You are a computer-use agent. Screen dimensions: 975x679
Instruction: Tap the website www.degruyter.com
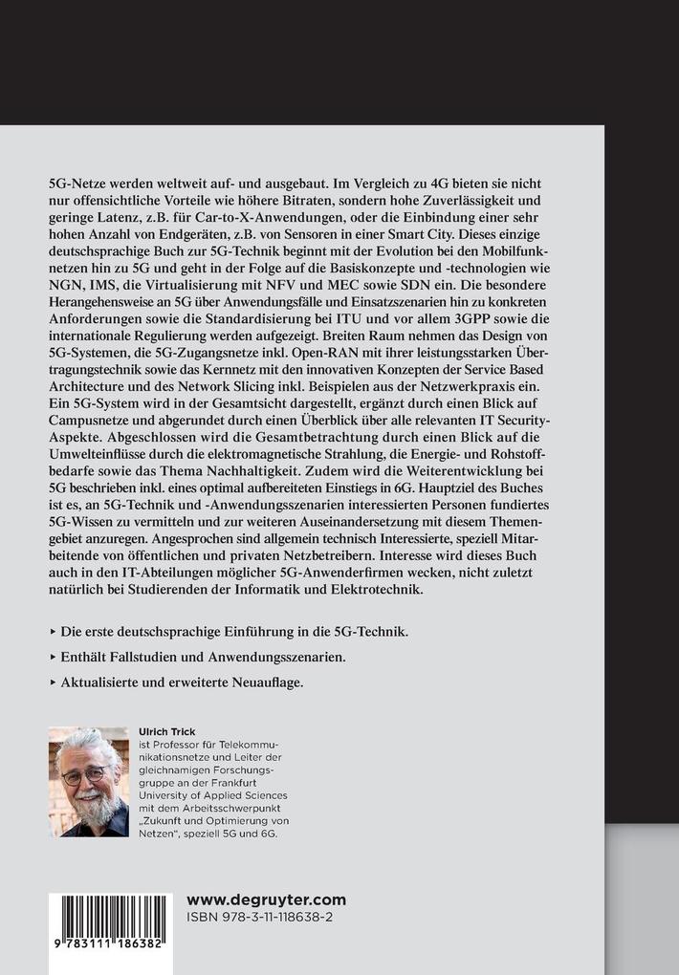(x=266, y=899)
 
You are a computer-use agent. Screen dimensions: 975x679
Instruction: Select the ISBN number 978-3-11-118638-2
(x=264, y=917)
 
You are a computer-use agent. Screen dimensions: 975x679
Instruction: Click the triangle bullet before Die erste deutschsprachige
(x=52, y=633)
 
